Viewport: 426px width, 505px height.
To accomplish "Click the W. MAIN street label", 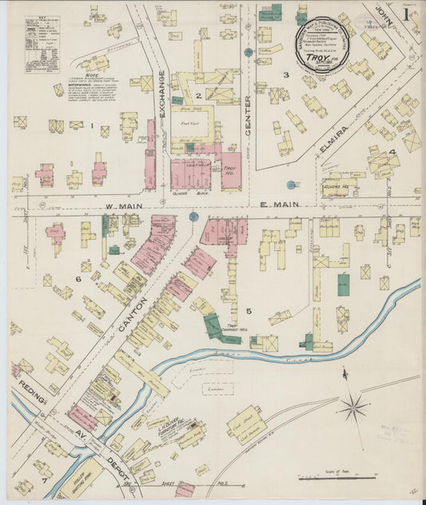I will [121, 205].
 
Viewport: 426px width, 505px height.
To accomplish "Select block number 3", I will [285, 75].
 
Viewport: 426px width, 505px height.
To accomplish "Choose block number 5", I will [249, 311].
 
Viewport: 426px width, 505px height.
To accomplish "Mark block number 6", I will [78, 279].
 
